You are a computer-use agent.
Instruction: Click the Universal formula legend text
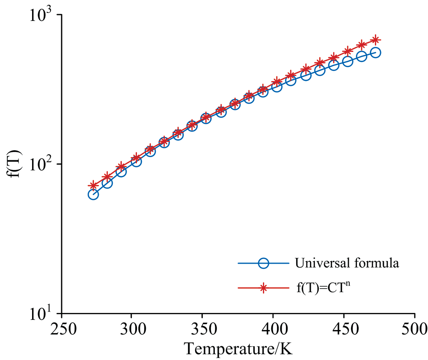click(x=347, y=263)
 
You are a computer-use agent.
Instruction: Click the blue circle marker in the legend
click(x=264, y=263)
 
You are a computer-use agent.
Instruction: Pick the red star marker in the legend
click(x=264, y=288)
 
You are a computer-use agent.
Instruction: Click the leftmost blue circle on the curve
click(x=93, y=194)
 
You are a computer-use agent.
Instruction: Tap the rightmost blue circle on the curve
click(x=376, y=52)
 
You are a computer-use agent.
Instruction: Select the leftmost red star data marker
click(x=93, y=185)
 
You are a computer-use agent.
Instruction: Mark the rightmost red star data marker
click(x=376, y=40)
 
